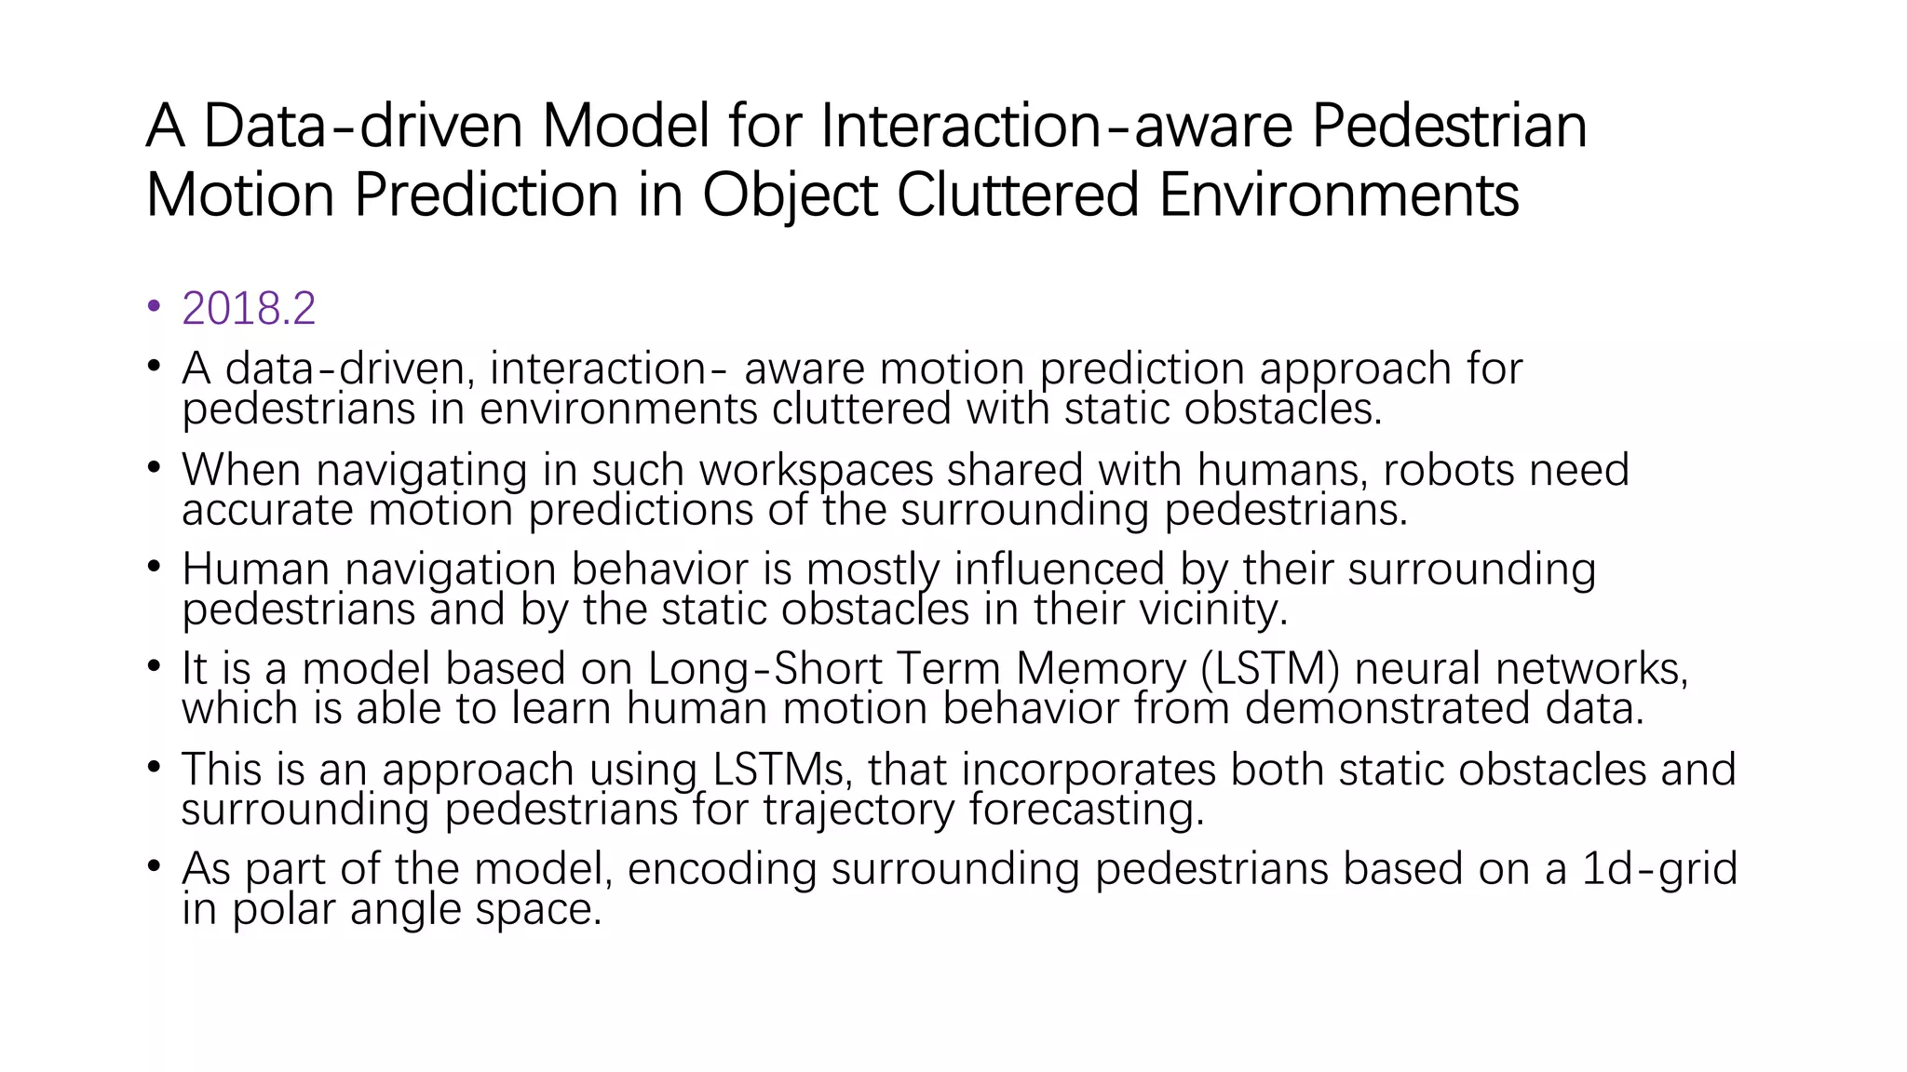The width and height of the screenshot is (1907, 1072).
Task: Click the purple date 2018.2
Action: point(249,308)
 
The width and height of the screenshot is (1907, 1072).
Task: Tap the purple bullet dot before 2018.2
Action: point(154,306)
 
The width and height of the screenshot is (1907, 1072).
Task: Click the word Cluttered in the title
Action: point(1018,195)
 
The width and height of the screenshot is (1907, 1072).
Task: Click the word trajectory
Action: point(859,810)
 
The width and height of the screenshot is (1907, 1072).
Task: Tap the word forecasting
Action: point(1087,810)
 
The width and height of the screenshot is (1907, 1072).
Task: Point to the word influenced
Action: point(1059,569)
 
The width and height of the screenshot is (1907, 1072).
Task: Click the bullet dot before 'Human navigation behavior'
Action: point(154,567)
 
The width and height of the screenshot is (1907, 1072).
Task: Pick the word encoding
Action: point(722,869)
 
